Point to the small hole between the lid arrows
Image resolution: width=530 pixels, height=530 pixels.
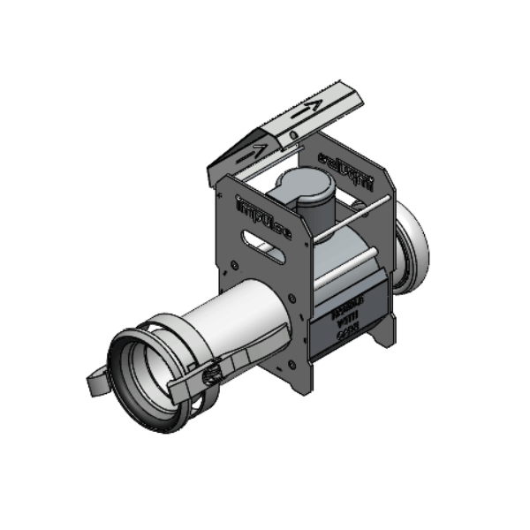292,132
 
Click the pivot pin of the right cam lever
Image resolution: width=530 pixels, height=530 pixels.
209,376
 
